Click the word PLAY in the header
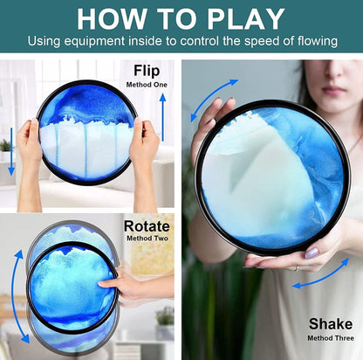[246, 19]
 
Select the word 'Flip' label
[147, 71]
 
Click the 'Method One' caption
[147, 85]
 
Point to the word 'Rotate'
[147, 226]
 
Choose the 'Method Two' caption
[147, 239]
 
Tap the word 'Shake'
[331, 324]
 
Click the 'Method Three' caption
[331, 338]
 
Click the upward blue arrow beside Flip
[163, 117]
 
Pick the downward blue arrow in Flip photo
[11, 151]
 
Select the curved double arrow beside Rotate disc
[17, 295]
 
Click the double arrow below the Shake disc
[321, 273]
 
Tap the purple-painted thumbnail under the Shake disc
[312, 253]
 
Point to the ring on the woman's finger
[296, 268]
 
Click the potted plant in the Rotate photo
[165, 322]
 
